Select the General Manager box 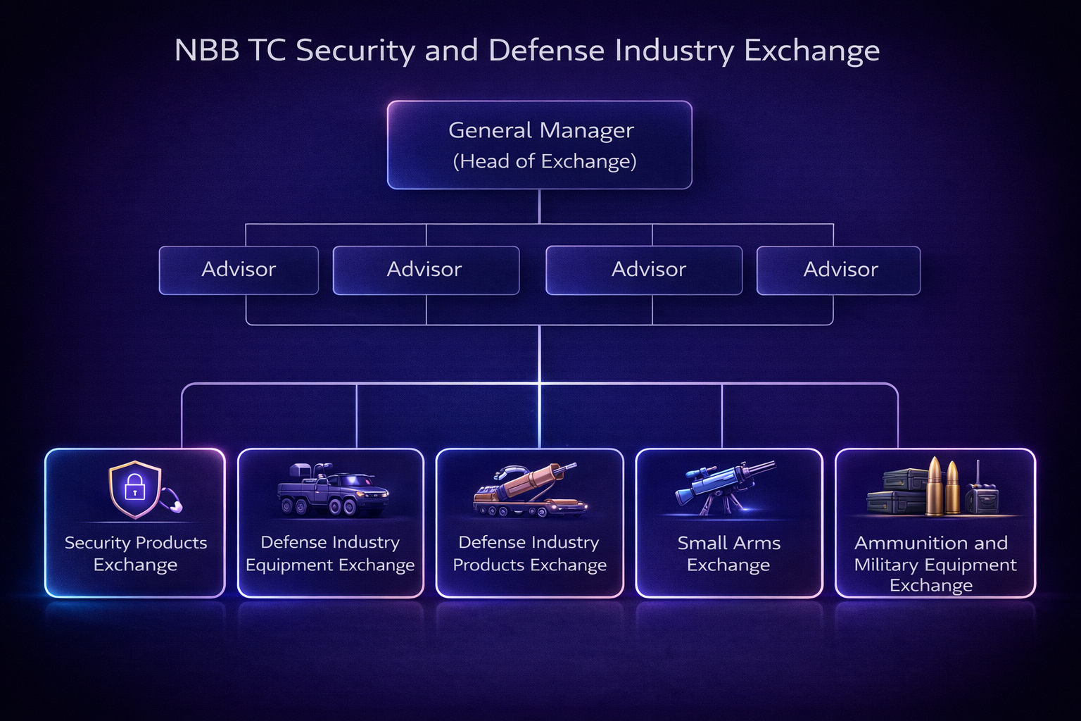click(x=539, y=145)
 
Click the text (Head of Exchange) click(x=544, y=161)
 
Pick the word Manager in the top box click(x=586, y=131)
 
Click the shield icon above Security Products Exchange click(x=135, y=489)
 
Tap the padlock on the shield click(x=134, y=487)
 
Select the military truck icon click(x=332, y=490)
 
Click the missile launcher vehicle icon click(x=529, y=491)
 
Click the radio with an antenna click(x=981, y=494)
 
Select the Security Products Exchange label click(x=135, y=553)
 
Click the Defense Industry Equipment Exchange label click(x=330, y=553)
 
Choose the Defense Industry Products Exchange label click(x=529, y=553)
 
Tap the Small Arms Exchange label click(x=728, y=553)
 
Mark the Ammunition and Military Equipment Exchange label click(x=935, y=563)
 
